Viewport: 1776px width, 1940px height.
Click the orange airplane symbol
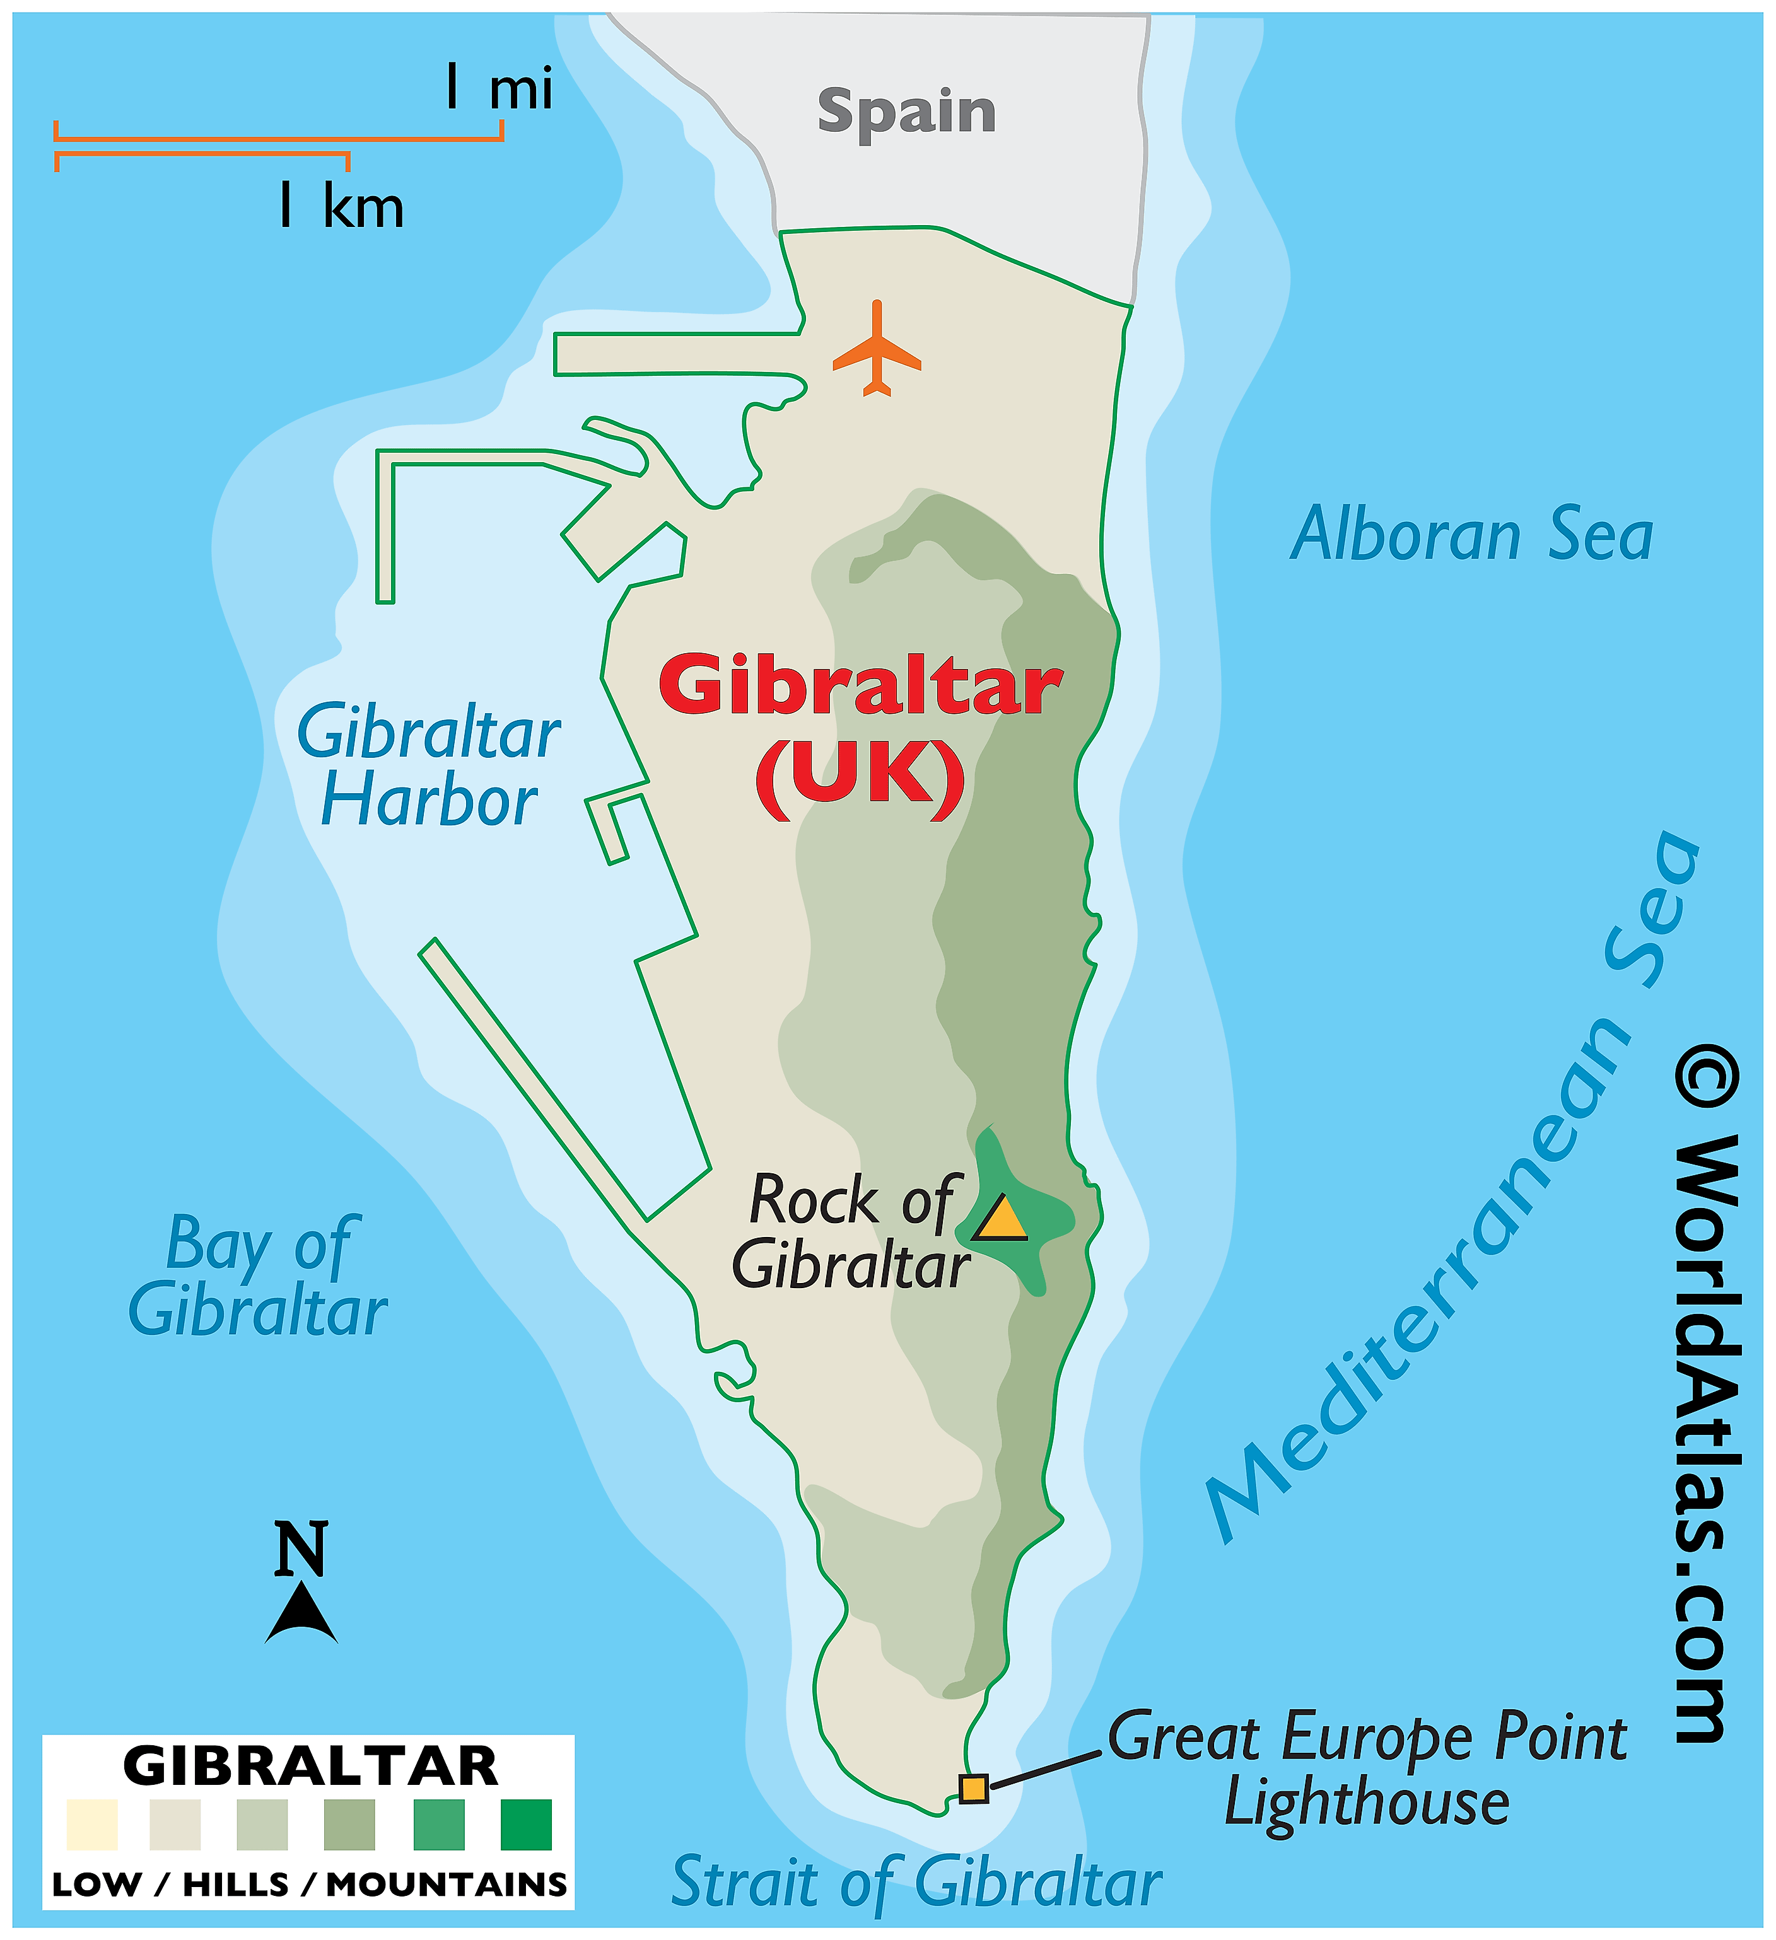pyautogui.click(x=876, y=351)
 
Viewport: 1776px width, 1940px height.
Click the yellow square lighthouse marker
pyautogui.click(x=973, y=1788)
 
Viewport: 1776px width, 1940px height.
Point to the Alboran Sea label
pyautogui.click(x=1472, y=535)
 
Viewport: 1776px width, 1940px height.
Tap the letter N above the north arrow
pyautogui.click(x=301, y=1549)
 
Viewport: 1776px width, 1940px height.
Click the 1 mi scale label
pyautogui.click(x=499, y=88)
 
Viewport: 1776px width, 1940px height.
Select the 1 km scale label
pyautogui.click(x=341, y=206)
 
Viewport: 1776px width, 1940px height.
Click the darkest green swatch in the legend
pyautogui.click(x=527, y=1825)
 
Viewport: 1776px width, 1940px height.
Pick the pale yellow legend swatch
pyautogui.click(x=93, y=1825)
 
